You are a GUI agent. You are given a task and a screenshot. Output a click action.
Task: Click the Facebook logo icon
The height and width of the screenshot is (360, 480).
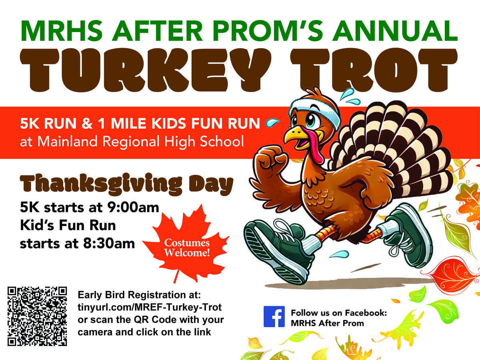274,317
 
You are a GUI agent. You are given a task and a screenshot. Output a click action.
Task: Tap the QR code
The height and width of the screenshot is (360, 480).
37,316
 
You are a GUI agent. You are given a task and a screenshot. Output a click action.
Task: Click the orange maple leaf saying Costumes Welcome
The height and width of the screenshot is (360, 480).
186,243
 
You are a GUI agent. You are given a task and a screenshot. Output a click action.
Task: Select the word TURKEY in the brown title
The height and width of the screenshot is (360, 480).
146,70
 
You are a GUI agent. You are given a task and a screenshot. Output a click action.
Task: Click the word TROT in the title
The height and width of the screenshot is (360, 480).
374,70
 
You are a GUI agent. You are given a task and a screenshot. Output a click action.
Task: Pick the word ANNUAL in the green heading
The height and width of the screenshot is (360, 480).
395,31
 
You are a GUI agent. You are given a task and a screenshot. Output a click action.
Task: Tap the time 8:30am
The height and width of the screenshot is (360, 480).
109,244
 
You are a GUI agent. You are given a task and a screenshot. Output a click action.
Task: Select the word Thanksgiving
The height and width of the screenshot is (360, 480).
101,184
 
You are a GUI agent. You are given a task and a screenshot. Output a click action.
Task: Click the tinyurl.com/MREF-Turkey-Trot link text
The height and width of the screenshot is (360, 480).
150,307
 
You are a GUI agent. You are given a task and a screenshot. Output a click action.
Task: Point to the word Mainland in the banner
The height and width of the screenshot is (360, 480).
67,141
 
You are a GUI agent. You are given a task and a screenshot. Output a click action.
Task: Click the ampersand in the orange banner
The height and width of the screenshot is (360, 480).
87,124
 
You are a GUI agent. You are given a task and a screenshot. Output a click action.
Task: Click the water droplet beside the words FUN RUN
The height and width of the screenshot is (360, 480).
272,122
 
